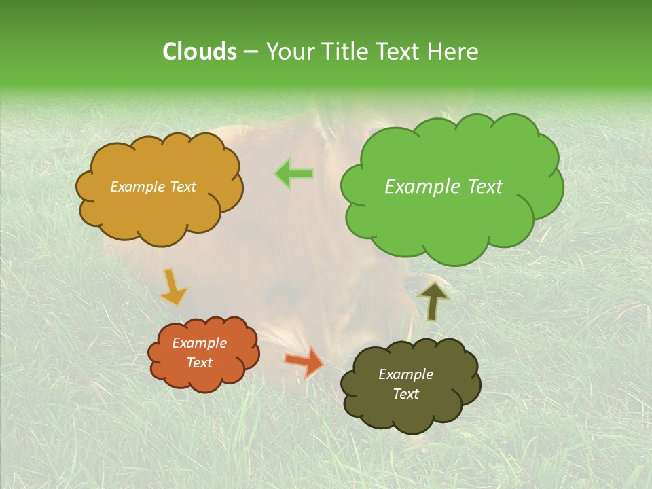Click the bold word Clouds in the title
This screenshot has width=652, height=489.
pos(200,51)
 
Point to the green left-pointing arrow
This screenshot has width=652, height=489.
pos(294,174)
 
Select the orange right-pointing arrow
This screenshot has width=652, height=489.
pos(304,361)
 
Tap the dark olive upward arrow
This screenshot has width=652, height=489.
pos(433,301)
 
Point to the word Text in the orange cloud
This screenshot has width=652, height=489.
pos(200,363)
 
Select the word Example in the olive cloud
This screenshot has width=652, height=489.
pos(405,374)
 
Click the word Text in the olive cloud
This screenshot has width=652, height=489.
pos(405,394)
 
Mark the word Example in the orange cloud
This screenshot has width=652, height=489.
pos(200,343)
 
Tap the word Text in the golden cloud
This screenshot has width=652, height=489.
pos(183,187)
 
